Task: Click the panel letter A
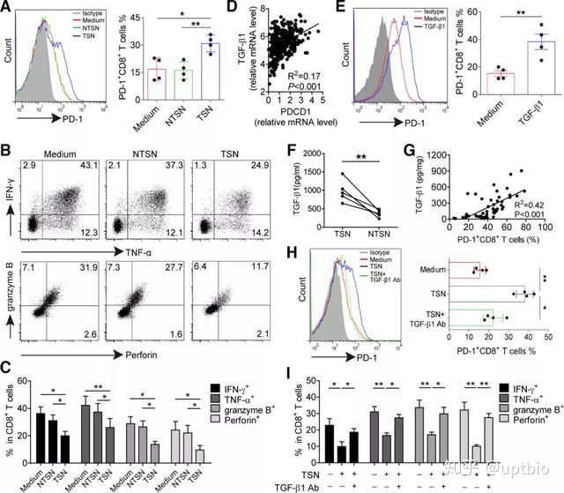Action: click(8, 11)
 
